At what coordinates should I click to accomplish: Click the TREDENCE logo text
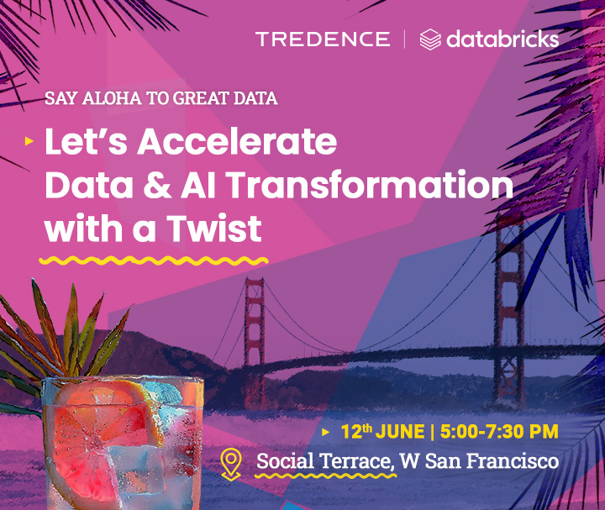pos(323,39)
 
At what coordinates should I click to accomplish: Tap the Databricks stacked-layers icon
pos(430,39)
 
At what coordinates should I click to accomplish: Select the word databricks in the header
pos(502,39)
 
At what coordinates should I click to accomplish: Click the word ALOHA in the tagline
pos(112,98)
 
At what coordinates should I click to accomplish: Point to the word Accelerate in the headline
pos(237,141)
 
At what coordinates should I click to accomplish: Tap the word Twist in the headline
pos(214,229)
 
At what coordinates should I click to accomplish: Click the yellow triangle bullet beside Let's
pos(29,141)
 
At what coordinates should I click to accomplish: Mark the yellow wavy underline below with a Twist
pos(154,260)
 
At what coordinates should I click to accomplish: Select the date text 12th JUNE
pos(382,431)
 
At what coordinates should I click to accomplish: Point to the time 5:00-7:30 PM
pos(499,431)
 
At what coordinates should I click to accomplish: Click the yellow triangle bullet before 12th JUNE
pos(326,432)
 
